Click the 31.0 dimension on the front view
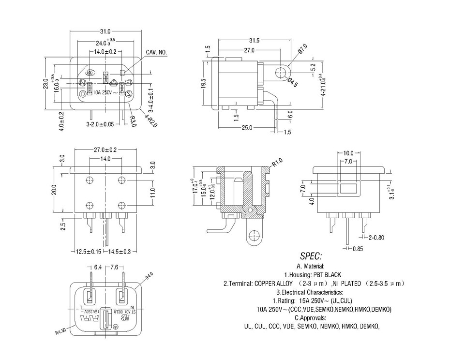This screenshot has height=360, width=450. point(105,31)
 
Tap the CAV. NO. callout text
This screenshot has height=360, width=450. point(157,52)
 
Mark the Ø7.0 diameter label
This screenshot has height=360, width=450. point(303,49)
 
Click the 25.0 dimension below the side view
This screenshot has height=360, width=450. point(247,128)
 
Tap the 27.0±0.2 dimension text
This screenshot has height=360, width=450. point(105,150)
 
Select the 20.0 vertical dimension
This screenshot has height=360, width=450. point(55,190)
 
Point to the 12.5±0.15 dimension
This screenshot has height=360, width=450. point(89,252)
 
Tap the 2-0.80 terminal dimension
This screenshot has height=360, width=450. point(376,238)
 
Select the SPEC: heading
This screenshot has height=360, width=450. point(311,256)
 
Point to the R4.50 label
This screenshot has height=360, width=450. point(60,332)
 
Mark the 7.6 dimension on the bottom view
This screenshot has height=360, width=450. point(114,267)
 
